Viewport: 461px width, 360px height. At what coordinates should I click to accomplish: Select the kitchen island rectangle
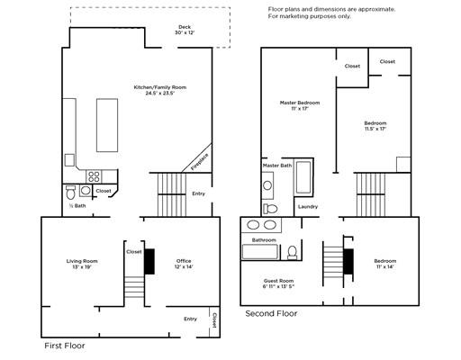[x=107, y=125]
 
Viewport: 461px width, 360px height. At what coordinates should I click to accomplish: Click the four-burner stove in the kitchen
[x=94, y=176]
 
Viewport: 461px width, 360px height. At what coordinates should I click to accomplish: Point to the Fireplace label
[x=200, y=162]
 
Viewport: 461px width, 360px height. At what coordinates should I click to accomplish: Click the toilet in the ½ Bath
[x=71, y=193]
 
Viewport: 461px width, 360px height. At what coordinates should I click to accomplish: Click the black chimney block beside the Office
[x=149, y=261]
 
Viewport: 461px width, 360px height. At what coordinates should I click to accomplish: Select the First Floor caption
[x=65, y=346]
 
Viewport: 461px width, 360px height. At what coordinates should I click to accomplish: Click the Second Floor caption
[x=271, y=313]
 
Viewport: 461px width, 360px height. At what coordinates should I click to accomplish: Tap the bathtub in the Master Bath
[x=303, y=177]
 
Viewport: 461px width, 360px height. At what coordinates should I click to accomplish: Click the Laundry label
[x=308, y=207]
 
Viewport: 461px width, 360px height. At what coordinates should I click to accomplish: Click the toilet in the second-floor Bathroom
[x=292, y=252]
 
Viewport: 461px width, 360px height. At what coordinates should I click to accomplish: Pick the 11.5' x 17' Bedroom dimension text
[x=375, y=129]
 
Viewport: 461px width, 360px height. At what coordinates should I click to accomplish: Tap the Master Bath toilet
[x=270, y=209]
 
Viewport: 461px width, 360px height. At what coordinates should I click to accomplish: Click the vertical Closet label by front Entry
[x=214, y=320]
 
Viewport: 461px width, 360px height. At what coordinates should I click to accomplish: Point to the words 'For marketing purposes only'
[x=309, y=16]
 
